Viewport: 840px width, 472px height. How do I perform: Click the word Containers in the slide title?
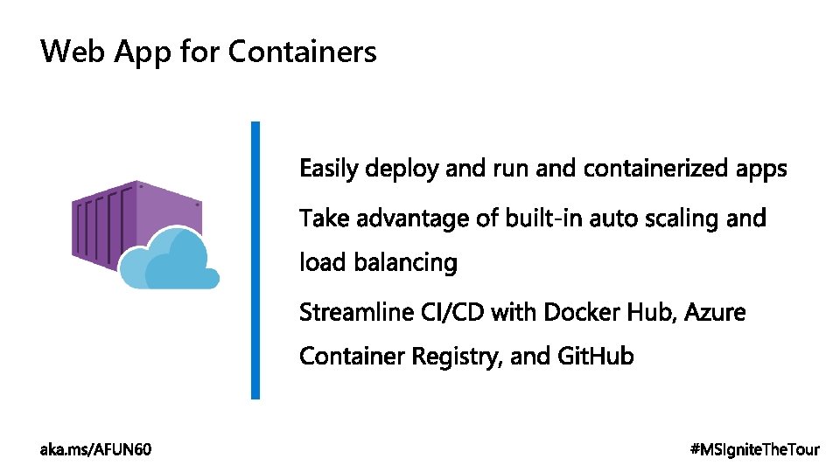click(x=302, y=52)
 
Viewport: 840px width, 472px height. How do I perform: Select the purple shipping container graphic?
click(x=131, y=219)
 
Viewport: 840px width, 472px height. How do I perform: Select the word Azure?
click(x=715, y=312)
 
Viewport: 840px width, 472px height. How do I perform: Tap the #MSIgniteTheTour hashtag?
click(x=755, y=449)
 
